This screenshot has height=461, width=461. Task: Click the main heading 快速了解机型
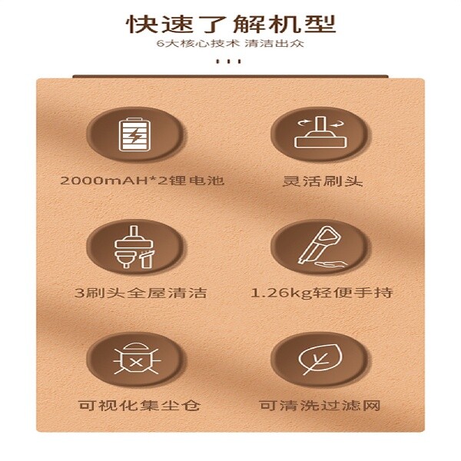(231, 24)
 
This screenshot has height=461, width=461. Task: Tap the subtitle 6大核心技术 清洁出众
(230, 44)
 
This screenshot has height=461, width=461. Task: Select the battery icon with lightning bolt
(134, 134)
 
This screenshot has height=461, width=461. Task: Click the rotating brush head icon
(320, 132)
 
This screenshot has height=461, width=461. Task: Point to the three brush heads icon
(134, 247)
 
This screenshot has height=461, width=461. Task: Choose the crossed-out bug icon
(136, 359)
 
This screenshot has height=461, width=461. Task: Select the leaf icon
(320, 359)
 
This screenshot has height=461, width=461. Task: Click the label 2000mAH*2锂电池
(142, 181)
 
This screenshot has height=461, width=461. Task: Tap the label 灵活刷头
(323, 181)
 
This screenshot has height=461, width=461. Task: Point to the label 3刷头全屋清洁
(141, 293)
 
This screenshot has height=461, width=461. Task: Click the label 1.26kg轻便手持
(322, 293)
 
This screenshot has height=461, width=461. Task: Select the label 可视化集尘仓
(140, 406)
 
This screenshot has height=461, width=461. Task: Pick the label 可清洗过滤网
(320, 406)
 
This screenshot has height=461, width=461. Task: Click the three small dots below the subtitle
(229, 61)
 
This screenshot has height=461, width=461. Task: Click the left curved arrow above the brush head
(304, 122)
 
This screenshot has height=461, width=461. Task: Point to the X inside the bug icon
(136, 362)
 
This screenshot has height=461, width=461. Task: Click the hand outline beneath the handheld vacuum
(331, 264)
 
